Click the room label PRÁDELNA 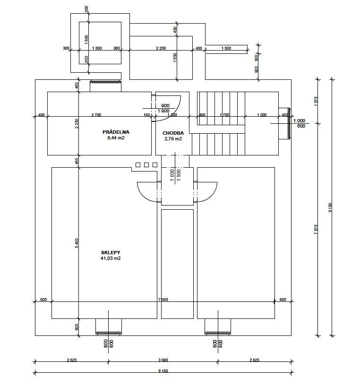pos(116,132)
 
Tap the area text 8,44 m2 pos(116,138)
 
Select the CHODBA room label pos(173,133)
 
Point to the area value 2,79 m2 pos(173,139)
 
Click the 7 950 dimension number pos(163,300)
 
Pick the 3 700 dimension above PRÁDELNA pos(96,115)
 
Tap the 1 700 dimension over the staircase pos(225,115)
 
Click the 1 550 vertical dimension pos(175,58)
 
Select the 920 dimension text pos(257,69)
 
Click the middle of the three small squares pos(146,165)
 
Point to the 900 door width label pos(165,106)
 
